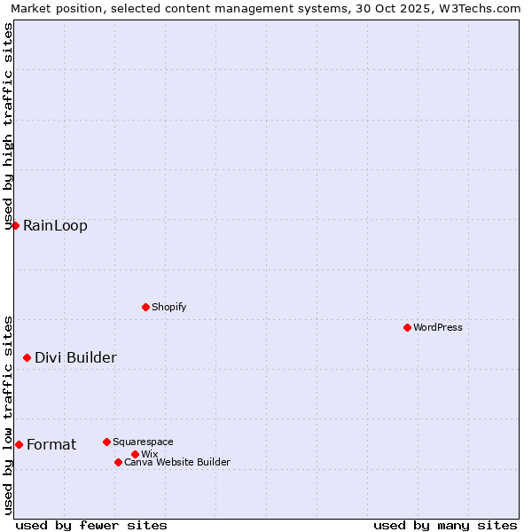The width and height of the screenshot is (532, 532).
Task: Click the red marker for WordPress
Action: click(x=407, y=327)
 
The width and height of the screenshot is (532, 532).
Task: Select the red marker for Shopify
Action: click(x=145, y=307)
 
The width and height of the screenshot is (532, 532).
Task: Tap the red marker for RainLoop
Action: click(x=15, y=225)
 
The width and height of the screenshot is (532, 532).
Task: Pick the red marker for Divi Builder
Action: click(x=27, y=357)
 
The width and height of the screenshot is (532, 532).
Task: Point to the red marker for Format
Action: click(x=19, y=444)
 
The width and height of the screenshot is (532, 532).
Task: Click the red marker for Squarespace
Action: click(x=106, y=442)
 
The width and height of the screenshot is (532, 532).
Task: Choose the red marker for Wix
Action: click(x=135, y=454)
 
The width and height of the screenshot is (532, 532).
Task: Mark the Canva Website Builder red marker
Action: click(x=118, y=462)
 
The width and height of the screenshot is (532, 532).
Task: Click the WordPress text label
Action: click(x=438, y=327)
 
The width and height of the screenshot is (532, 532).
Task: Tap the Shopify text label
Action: click(x=168, y=307)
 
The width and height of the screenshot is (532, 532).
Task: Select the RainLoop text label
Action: click(x=55, y=225)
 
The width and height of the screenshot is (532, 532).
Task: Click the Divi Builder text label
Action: click(x=75, y=357)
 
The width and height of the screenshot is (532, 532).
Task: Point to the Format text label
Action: click(x=51, y=444)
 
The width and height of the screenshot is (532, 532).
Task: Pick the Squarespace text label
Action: click(x=143, y=442)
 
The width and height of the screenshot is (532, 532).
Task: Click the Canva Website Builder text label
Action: click(x=177, y=462)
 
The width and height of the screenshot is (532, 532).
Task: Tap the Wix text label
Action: click(x=149, y=454)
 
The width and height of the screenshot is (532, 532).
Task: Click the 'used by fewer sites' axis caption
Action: click(x=91, y=525)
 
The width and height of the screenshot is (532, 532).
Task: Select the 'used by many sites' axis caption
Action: click(x=445, y=525)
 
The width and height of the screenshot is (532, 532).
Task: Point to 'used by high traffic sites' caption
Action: click(x=9, y=124)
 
